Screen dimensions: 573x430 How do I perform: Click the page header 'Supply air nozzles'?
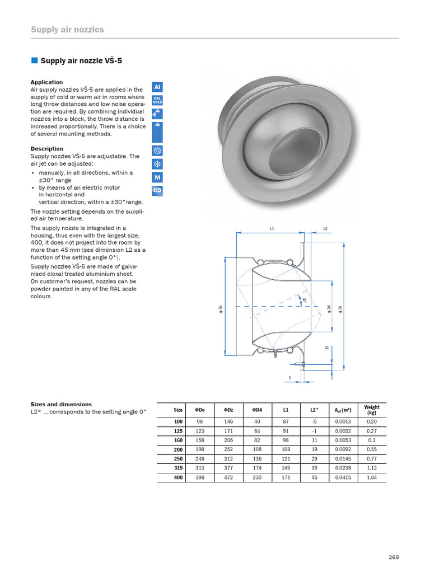tap(67, 29)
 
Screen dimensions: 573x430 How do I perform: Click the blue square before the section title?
tap(34, 60)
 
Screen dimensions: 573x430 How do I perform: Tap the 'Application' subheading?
tap(46, 82)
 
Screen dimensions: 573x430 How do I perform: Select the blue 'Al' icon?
tap(157, 88)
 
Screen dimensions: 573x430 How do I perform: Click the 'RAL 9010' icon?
tap(157, 100)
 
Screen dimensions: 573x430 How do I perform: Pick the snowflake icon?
tap(157, 164)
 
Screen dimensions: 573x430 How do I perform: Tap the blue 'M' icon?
tap(157, 177)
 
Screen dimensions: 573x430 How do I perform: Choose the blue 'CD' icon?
tap(157, 191)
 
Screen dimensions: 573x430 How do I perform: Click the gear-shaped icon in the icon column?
tap(157, 151)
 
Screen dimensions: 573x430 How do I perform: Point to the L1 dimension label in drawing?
tap(272, 228)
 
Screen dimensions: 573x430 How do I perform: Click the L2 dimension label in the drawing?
tap(325, 228)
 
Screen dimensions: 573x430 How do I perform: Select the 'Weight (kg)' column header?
tap(371, 410)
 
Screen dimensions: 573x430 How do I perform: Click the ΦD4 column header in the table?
tap(257, 410)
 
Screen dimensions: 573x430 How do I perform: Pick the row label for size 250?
tap(178, 458)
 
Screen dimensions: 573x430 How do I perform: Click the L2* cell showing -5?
tap(314, 422)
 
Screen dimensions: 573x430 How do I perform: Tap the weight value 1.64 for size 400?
tap(371, 478)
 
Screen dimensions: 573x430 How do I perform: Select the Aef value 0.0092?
tap(343, 449)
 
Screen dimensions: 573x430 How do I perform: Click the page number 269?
tap(394, 557)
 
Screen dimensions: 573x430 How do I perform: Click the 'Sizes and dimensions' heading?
tap(61, 404)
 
